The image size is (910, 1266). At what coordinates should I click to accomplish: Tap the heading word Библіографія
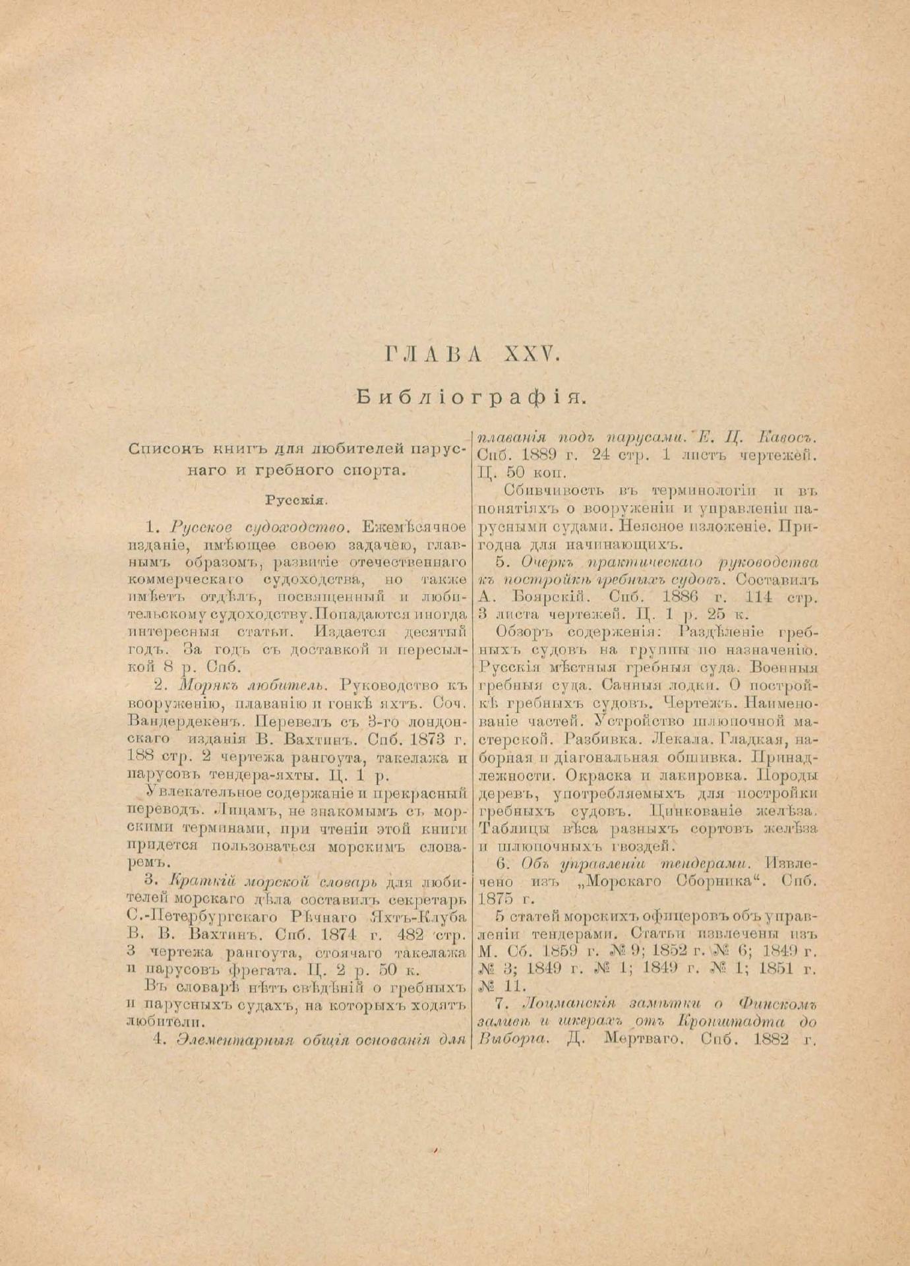[x=471, y=397]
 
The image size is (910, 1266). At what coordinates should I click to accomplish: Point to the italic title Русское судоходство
[x=258, y=527]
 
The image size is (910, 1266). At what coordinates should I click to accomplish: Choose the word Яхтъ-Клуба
[x=420, y=917]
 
